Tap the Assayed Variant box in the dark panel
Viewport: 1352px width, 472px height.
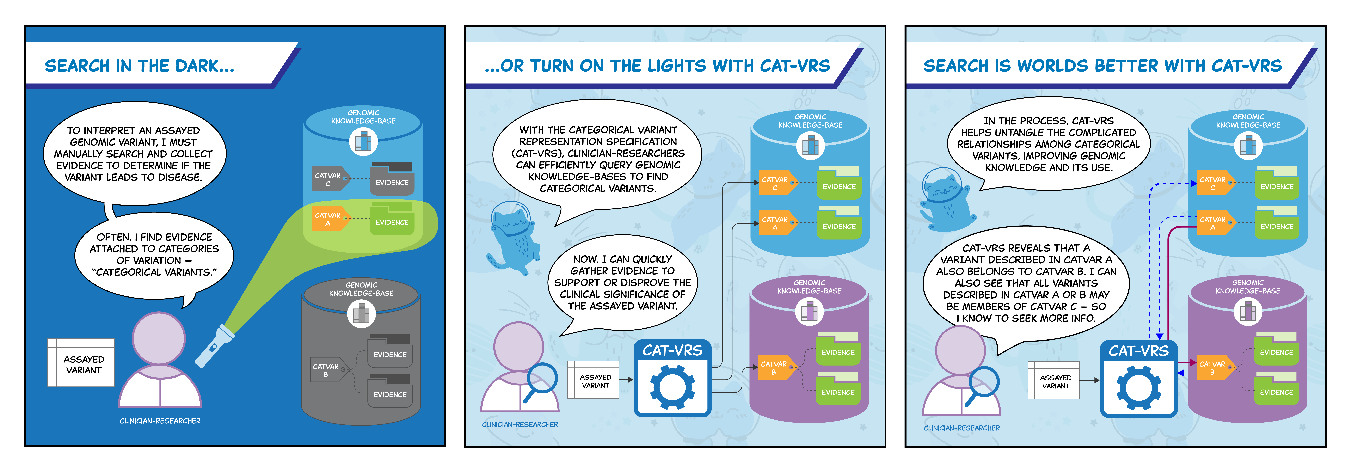pyautogui.click(x=81, y=363)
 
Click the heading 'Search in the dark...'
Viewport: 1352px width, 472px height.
pyautogui.click(x=139, y=66)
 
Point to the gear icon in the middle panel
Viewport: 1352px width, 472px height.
pyautogui.click(x=672, y=387)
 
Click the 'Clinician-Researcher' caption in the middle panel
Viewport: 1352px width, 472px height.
pyautogui.click(x=520, y=424)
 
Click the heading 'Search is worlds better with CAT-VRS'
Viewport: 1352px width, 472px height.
pyautogui.click(x=1102, y=66)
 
